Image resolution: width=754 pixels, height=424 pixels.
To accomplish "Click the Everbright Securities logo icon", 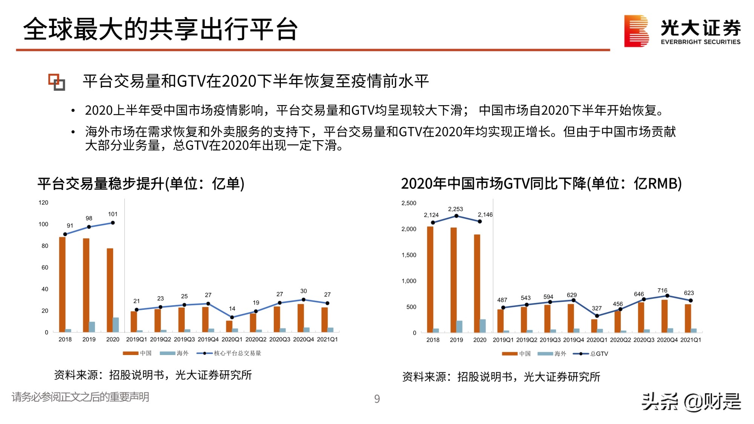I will click(636, 31).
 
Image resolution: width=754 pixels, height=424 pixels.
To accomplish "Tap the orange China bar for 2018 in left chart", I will click(62, 285).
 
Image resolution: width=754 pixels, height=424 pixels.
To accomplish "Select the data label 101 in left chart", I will click(113, 214).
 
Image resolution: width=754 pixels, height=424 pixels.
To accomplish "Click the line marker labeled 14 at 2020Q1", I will click(232, 317).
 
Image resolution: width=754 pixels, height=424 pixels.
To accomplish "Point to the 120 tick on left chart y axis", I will click(43, 203).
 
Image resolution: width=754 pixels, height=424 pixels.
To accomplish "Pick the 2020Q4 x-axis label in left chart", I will click(303, 340).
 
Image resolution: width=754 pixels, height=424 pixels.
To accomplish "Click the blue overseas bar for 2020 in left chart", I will click(116, 325).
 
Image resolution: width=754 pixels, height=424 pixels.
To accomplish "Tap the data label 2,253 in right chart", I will click(455, 209).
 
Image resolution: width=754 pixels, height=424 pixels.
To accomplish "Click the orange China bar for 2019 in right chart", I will click(454, 280).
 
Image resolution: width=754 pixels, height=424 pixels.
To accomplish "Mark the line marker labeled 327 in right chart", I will click(597, 316).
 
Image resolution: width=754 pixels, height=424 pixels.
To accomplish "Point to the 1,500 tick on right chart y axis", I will click(409, 255).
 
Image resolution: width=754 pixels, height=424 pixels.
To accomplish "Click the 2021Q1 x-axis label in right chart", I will click(691, 340).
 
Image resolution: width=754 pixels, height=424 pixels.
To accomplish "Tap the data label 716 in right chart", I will click(662, 291).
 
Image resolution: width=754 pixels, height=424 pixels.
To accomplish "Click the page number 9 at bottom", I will click(377, 399).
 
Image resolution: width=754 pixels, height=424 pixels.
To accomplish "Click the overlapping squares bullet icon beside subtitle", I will click(57, 82).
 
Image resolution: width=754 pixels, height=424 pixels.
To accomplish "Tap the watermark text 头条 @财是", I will click(691, 402).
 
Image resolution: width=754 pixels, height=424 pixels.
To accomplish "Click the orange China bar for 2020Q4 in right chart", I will click(664, 316).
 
